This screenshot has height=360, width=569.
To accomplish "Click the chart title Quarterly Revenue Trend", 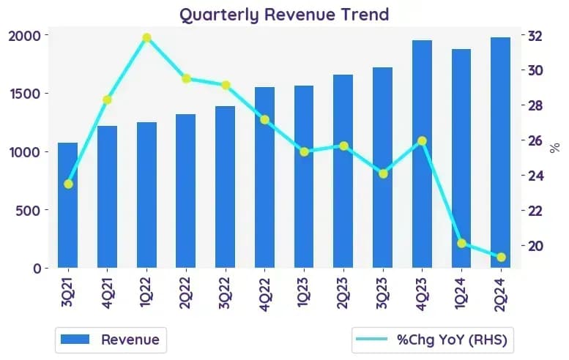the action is point(284,15).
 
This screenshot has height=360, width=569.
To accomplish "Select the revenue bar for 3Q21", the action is point(68,205).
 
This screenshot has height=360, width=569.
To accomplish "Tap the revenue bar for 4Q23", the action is point(422,154).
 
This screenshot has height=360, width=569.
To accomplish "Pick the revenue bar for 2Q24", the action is point(500,153).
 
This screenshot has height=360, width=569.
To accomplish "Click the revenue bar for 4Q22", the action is point(264,178).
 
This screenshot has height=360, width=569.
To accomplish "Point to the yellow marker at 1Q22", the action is point(147,38).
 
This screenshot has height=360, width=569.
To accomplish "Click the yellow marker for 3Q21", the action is point(68,184).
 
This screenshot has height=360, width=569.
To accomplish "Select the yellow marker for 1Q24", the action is point(461,244).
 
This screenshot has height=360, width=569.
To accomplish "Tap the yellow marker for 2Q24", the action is point(501,258).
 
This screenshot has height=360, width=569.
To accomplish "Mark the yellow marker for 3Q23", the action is point(383,174).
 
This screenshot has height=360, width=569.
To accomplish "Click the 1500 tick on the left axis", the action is point(24,94).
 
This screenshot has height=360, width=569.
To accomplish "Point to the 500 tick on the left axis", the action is point(28,210).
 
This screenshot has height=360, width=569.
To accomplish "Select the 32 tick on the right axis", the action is point(535,37).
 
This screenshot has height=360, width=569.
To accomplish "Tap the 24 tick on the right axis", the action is point(535,176).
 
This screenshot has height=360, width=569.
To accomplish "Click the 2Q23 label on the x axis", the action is point(343,293).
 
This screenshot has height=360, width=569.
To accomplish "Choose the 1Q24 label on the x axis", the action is point(461,293).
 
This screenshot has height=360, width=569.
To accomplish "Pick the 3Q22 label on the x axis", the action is point(225,293).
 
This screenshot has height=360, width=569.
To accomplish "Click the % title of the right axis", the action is point(554,148).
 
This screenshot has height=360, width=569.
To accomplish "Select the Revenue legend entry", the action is point(111,340).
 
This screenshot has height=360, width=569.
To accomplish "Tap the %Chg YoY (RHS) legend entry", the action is point(431,340).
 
